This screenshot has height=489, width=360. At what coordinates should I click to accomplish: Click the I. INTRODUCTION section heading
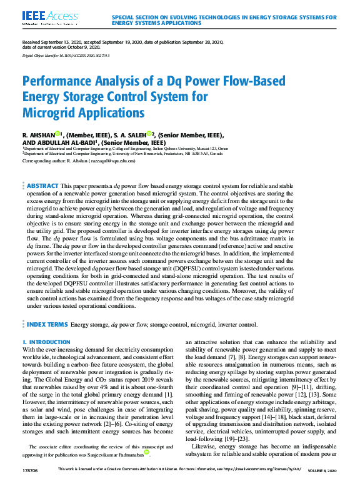46,342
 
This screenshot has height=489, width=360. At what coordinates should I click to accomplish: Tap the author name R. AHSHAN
38,135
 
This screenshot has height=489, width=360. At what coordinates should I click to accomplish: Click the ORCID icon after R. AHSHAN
57,134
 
